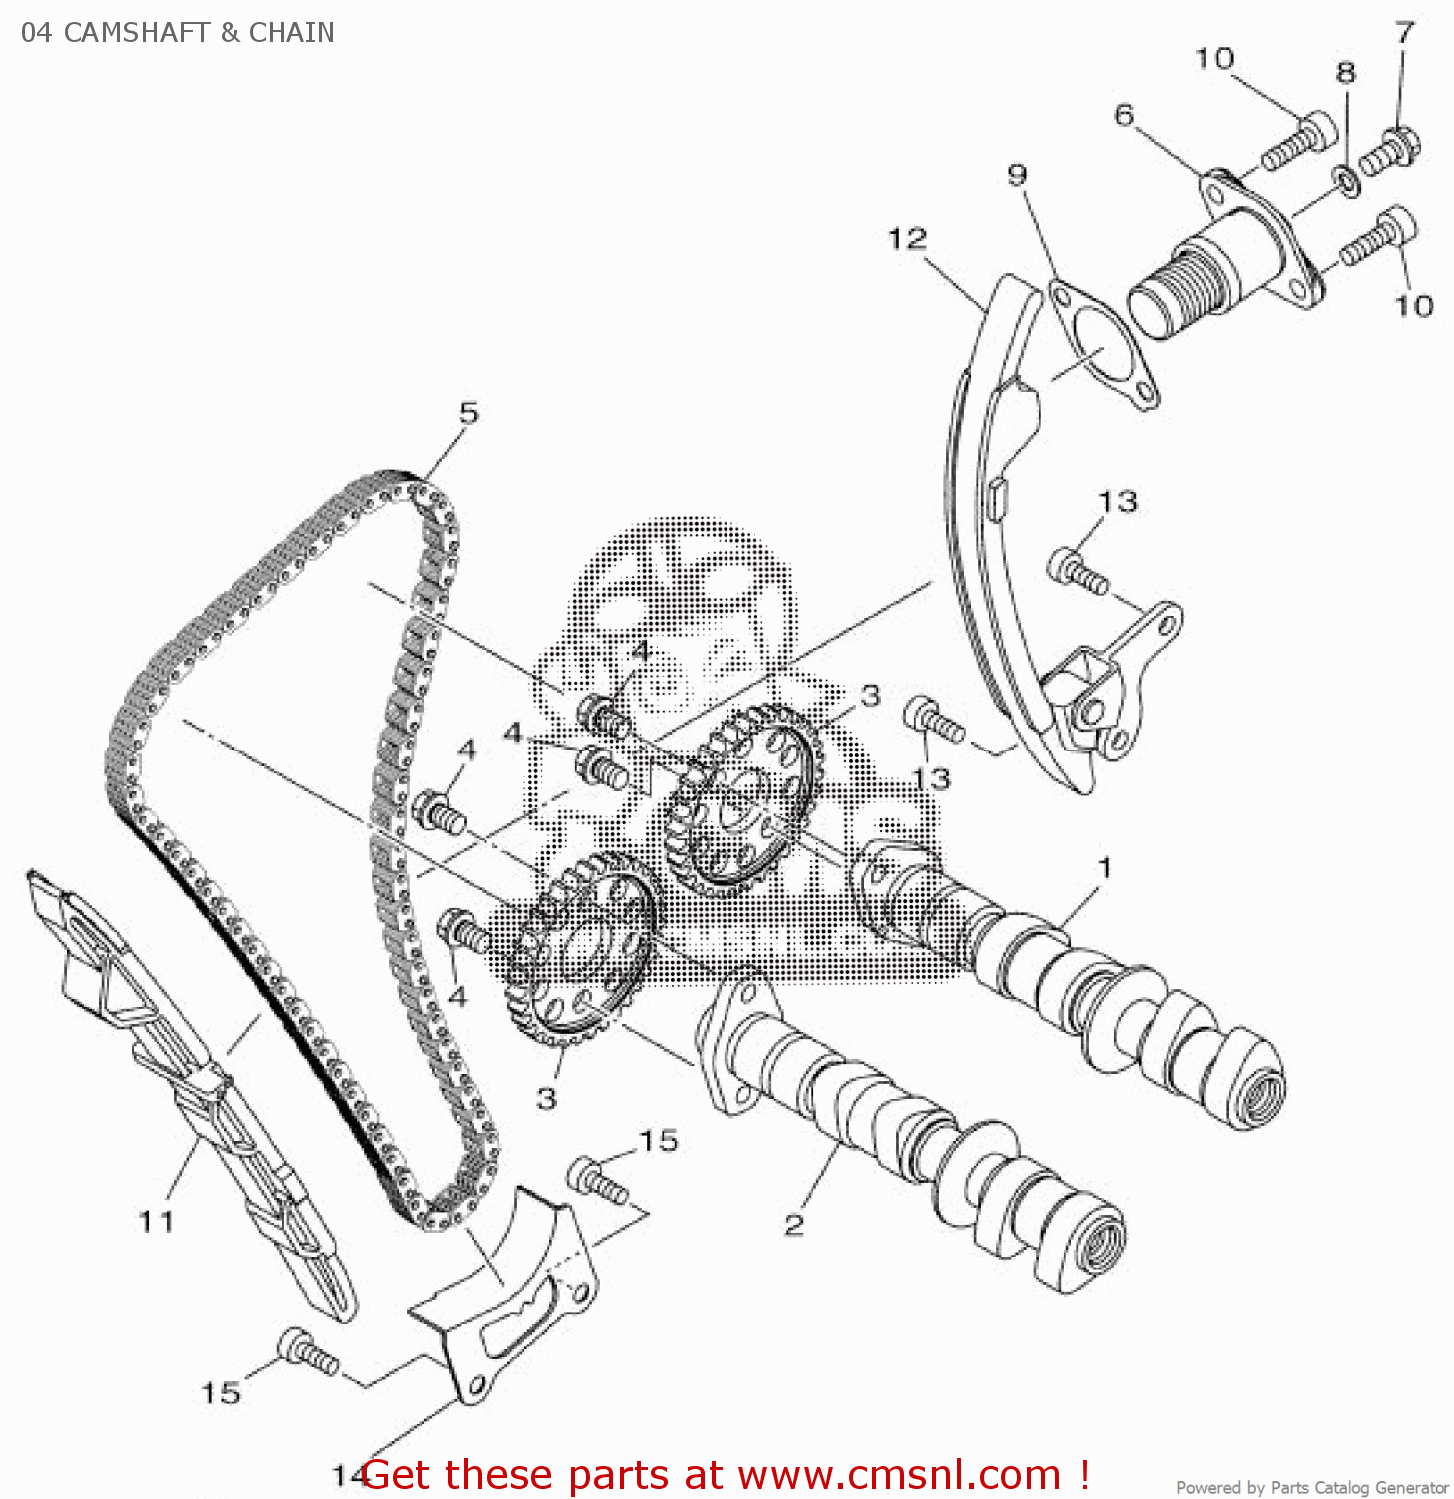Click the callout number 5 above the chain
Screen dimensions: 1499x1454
coord(468,412)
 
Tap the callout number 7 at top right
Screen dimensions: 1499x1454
coord(1405,33)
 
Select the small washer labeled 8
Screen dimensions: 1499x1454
coord(1346,181)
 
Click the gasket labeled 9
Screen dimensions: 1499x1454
coord(1103,345)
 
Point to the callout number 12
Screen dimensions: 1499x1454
coord(907,239)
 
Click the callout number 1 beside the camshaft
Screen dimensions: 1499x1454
coord(1104,867)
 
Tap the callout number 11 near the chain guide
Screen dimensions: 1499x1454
coord(156,1221)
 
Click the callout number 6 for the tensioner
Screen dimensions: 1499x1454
coord(1124,116)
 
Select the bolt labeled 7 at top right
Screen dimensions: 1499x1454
coord(1388,152)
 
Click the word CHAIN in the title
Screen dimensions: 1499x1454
coord(291,33)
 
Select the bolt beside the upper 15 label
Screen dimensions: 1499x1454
coord(596,1180)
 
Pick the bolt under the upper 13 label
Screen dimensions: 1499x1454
coord(1076,571)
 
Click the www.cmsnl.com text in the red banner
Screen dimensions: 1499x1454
coord(898,1475)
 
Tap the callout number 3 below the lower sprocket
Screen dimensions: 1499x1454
coord(546,1098)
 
